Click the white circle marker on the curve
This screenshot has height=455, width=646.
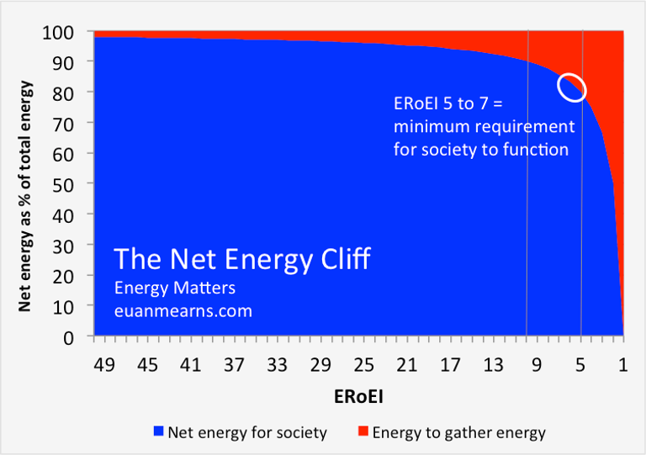point(572,87)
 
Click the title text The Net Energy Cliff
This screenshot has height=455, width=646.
point(241,259)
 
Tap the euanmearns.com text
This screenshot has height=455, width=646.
point(183,310)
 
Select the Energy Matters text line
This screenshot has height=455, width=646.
point(174,288)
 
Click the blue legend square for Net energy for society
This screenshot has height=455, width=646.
point(157,432)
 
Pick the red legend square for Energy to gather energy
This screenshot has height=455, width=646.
point(362,432)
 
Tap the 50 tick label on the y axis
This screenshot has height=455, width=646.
point(71,184)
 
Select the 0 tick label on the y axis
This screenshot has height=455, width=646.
point(76,337)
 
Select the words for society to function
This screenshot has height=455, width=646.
point(481,151)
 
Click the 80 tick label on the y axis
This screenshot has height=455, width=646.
point(71,93)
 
